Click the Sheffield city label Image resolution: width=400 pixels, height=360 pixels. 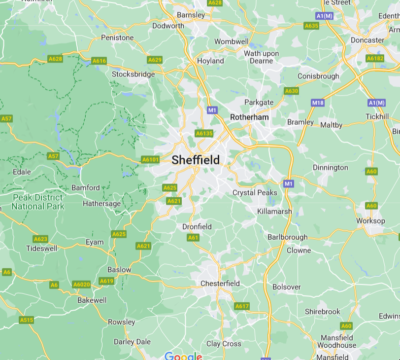[x=196, y=160]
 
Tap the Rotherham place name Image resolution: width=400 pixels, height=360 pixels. [x=250, y=117]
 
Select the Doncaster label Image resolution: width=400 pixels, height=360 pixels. [x=367, y=40]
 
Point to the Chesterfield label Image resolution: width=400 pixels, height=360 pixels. [x=220, y=284]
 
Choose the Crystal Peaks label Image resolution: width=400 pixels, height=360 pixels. [x=255, y=193]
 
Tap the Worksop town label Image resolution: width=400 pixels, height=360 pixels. [x=370, y=221]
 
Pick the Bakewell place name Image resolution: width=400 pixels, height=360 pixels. [x=92, y=300]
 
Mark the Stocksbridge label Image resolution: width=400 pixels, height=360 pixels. [x=133, y=74]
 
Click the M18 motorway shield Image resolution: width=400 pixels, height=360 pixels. [x=318, y=103]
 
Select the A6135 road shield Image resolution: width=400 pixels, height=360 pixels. [x=204, y=133]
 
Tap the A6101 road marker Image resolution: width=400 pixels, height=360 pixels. [x=150, y=159]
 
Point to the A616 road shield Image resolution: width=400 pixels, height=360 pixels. [x=100, y=61]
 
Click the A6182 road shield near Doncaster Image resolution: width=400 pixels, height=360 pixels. [x=375, y=58]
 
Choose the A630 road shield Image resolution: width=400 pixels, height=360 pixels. [x=292, y=91]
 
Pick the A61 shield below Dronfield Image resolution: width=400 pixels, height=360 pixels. [x=193, y=238]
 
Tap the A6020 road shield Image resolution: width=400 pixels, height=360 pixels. [x=81, y=285]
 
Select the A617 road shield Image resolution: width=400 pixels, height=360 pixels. [x=242, y=306]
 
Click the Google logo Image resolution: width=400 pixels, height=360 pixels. [x=183, y=356]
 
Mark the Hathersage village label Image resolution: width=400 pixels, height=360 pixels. [x=101, y=204]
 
